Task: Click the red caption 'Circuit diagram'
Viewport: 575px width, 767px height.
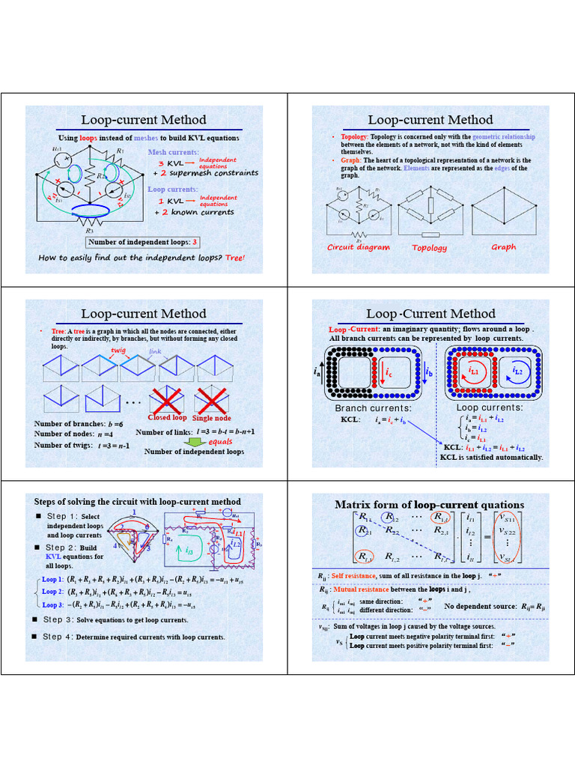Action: coord(359,247)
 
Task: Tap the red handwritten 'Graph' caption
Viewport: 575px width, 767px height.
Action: coord(503,247)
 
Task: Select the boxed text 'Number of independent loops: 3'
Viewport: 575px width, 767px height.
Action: coord(143,242)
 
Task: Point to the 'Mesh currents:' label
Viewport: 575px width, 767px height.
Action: coord(174,152)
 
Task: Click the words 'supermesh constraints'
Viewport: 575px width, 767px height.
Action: coord(214,173)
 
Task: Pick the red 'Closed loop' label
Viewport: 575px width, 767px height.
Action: coord(168,417)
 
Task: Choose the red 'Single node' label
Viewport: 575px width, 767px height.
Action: coord(214,418)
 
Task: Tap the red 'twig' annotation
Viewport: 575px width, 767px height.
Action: coord(118,350)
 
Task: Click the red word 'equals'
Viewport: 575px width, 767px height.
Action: coord(219,442)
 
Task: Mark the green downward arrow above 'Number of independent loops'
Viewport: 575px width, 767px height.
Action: coord(194,442)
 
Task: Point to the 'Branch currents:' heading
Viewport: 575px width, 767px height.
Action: coord(373,408)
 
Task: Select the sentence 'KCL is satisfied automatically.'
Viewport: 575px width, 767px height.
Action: coord(491,457)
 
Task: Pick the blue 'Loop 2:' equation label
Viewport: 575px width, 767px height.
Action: coord(52,592)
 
